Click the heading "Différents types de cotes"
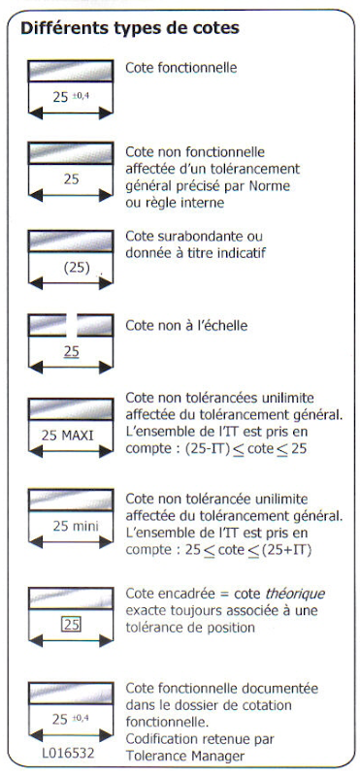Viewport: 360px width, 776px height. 130,28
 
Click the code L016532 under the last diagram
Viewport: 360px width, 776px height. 68,755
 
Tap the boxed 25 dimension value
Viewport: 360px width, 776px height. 72,625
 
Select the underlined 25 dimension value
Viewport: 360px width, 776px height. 71,352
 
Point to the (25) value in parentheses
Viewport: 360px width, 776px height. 77,268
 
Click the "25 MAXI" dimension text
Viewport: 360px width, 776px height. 67,436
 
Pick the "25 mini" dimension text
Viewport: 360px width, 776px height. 76,526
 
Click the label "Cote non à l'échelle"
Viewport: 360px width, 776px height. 186,326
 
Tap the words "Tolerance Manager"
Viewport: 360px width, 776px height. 185,756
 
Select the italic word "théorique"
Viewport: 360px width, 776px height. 296,594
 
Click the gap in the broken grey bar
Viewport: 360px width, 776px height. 72,325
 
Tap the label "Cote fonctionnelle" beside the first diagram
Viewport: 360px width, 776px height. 181,68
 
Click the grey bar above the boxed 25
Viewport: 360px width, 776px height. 71,598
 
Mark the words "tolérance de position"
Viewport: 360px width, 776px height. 190,628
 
